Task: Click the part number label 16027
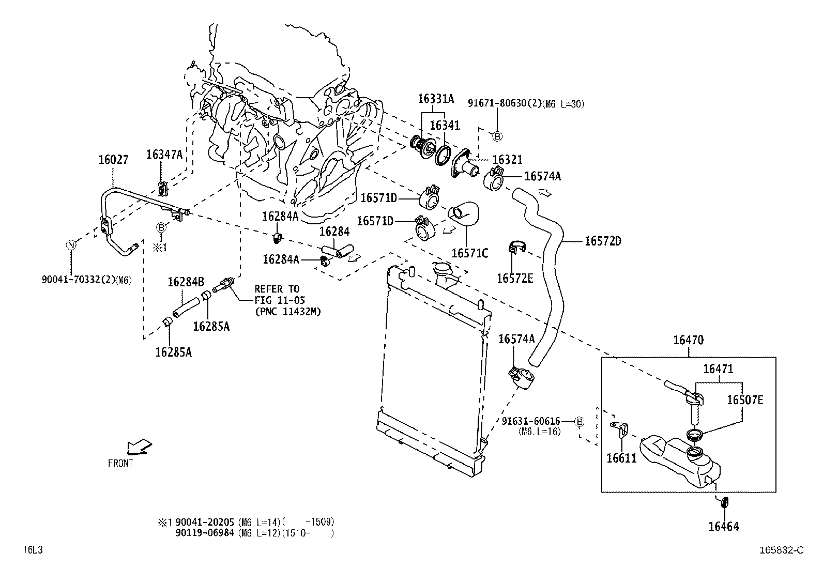113,160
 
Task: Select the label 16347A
164,154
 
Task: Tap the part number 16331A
435,99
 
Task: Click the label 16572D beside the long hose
603,241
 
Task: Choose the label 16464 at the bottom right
723,527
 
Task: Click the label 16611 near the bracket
621,458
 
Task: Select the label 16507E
745,400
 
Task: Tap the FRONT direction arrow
139,446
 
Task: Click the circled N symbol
71,245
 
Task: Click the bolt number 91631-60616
531,422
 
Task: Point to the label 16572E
514,279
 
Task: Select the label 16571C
469,253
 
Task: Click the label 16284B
186,282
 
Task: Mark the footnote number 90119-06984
206,533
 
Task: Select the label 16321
507,160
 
